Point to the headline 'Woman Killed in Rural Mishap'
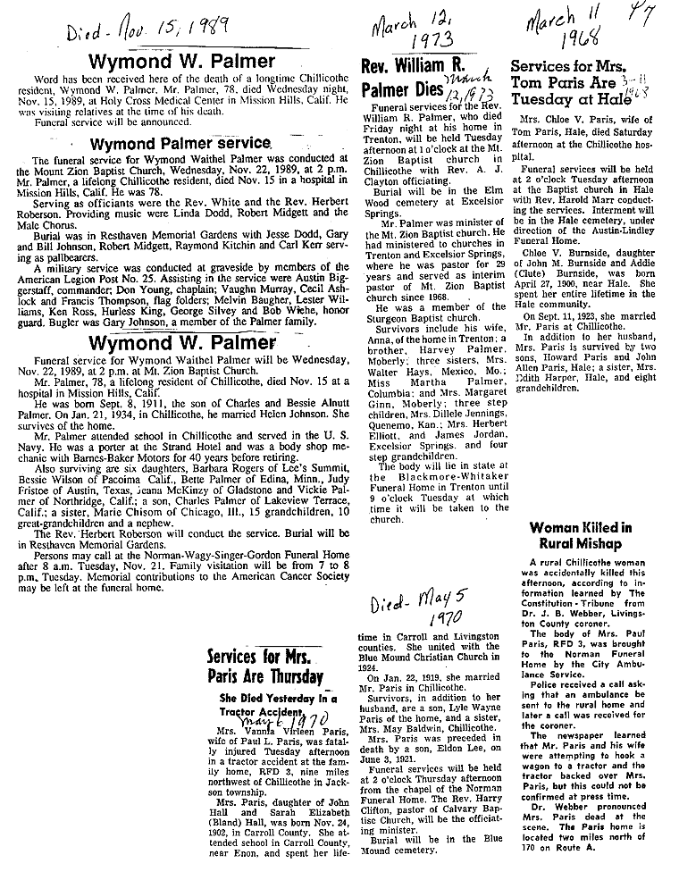pos(580,534)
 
